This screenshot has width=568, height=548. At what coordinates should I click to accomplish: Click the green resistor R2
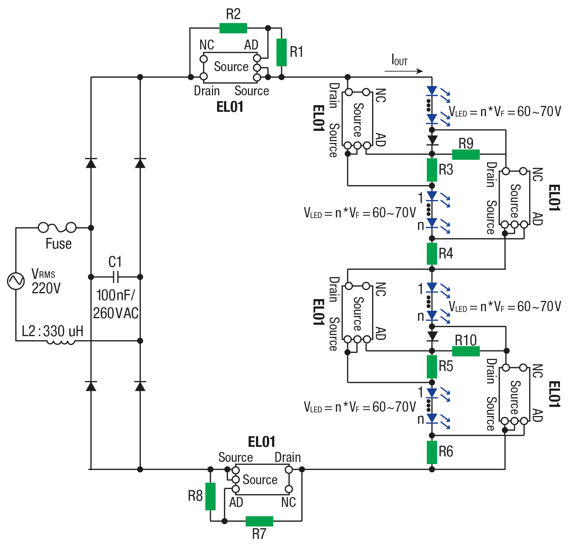coord(233,28)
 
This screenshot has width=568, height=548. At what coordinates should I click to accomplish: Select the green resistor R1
coord(281,52)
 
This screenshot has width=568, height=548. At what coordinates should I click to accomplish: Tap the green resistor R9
coord(466,154)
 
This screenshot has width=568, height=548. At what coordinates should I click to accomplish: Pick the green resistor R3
coord(432,170)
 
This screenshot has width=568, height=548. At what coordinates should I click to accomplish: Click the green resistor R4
coord(432,254)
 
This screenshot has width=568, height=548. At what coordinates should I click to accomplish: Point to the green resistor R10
coord(466,351)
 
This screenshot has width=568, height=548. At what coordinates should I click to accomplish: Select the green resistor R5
coord(432,367)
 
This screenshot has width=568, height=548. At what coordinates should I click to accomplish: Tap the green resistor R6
coord(432,452)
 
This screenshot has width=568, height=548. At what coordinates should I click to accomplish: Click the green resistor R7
coord(259,521)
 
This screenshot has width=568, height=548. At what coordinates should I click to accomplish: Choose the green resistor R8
coord(210,496)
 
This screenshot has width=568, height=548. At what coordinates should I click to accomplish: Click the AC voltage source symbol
coord(16,281)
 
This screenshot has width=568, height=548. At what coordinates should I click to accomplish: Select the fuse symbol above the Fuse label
coord(57,228)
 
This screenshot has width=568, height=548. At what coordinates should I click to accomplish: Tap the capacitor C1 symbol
coord(115,277)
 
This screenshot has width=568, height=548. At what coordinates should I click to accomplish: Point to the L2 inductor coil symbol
coord(61,342)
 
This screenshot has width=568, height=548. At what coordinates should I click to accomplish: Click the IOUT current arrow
coord(404,71)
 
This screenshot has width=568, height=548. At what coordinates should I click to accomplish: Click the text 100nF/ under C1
coord(116,295)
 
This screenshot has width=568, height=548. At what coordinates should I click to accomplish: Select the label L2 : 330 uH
coord(52,331)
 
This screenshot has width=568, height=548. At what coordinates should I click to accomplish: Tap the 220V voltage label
coord(46,288)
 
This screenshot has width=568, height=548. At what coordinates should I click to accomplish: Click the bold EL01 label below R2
coord(230,107)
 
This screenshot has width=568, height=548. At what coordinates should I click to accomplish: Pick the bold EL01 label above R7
coord(261,442)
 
